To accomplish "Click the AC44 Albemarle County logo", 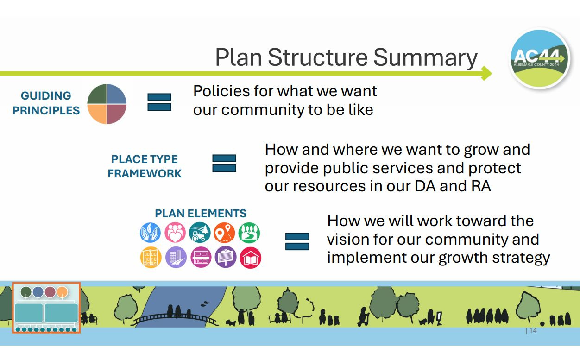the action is point(540,58).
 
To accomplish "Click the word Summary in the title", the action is point(425,58).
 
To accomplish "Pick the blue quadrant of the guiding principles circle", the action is point(117,94).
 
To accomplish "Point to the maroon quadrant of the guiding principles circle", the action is point(117,114).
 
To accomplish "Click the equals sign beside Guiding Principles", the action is point(159,102).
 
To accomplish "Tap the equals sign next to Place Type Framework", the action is point(224,163).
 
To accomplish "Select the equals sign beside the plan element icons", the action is point(297,241).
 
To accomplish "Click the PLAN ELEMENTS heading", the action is point(201,214).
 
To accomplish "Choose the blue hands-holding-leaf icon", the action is point(150,232).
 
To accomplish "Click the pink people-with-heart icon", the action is point(175,232).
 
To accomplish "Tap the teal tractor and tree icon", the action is point(200,232).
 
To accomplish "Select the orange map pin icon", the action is point(224,232).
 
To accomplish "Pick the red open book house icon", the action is point(250,258).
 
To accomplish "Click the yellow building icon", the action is point(151,258).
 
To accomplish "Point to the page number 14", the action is point(533,330).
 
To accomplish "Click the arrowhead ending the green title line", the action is point(487,73).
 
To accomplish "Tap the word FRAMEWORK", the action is point(145,174).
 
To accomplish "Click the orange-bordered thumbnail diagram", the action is point(46,308).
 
